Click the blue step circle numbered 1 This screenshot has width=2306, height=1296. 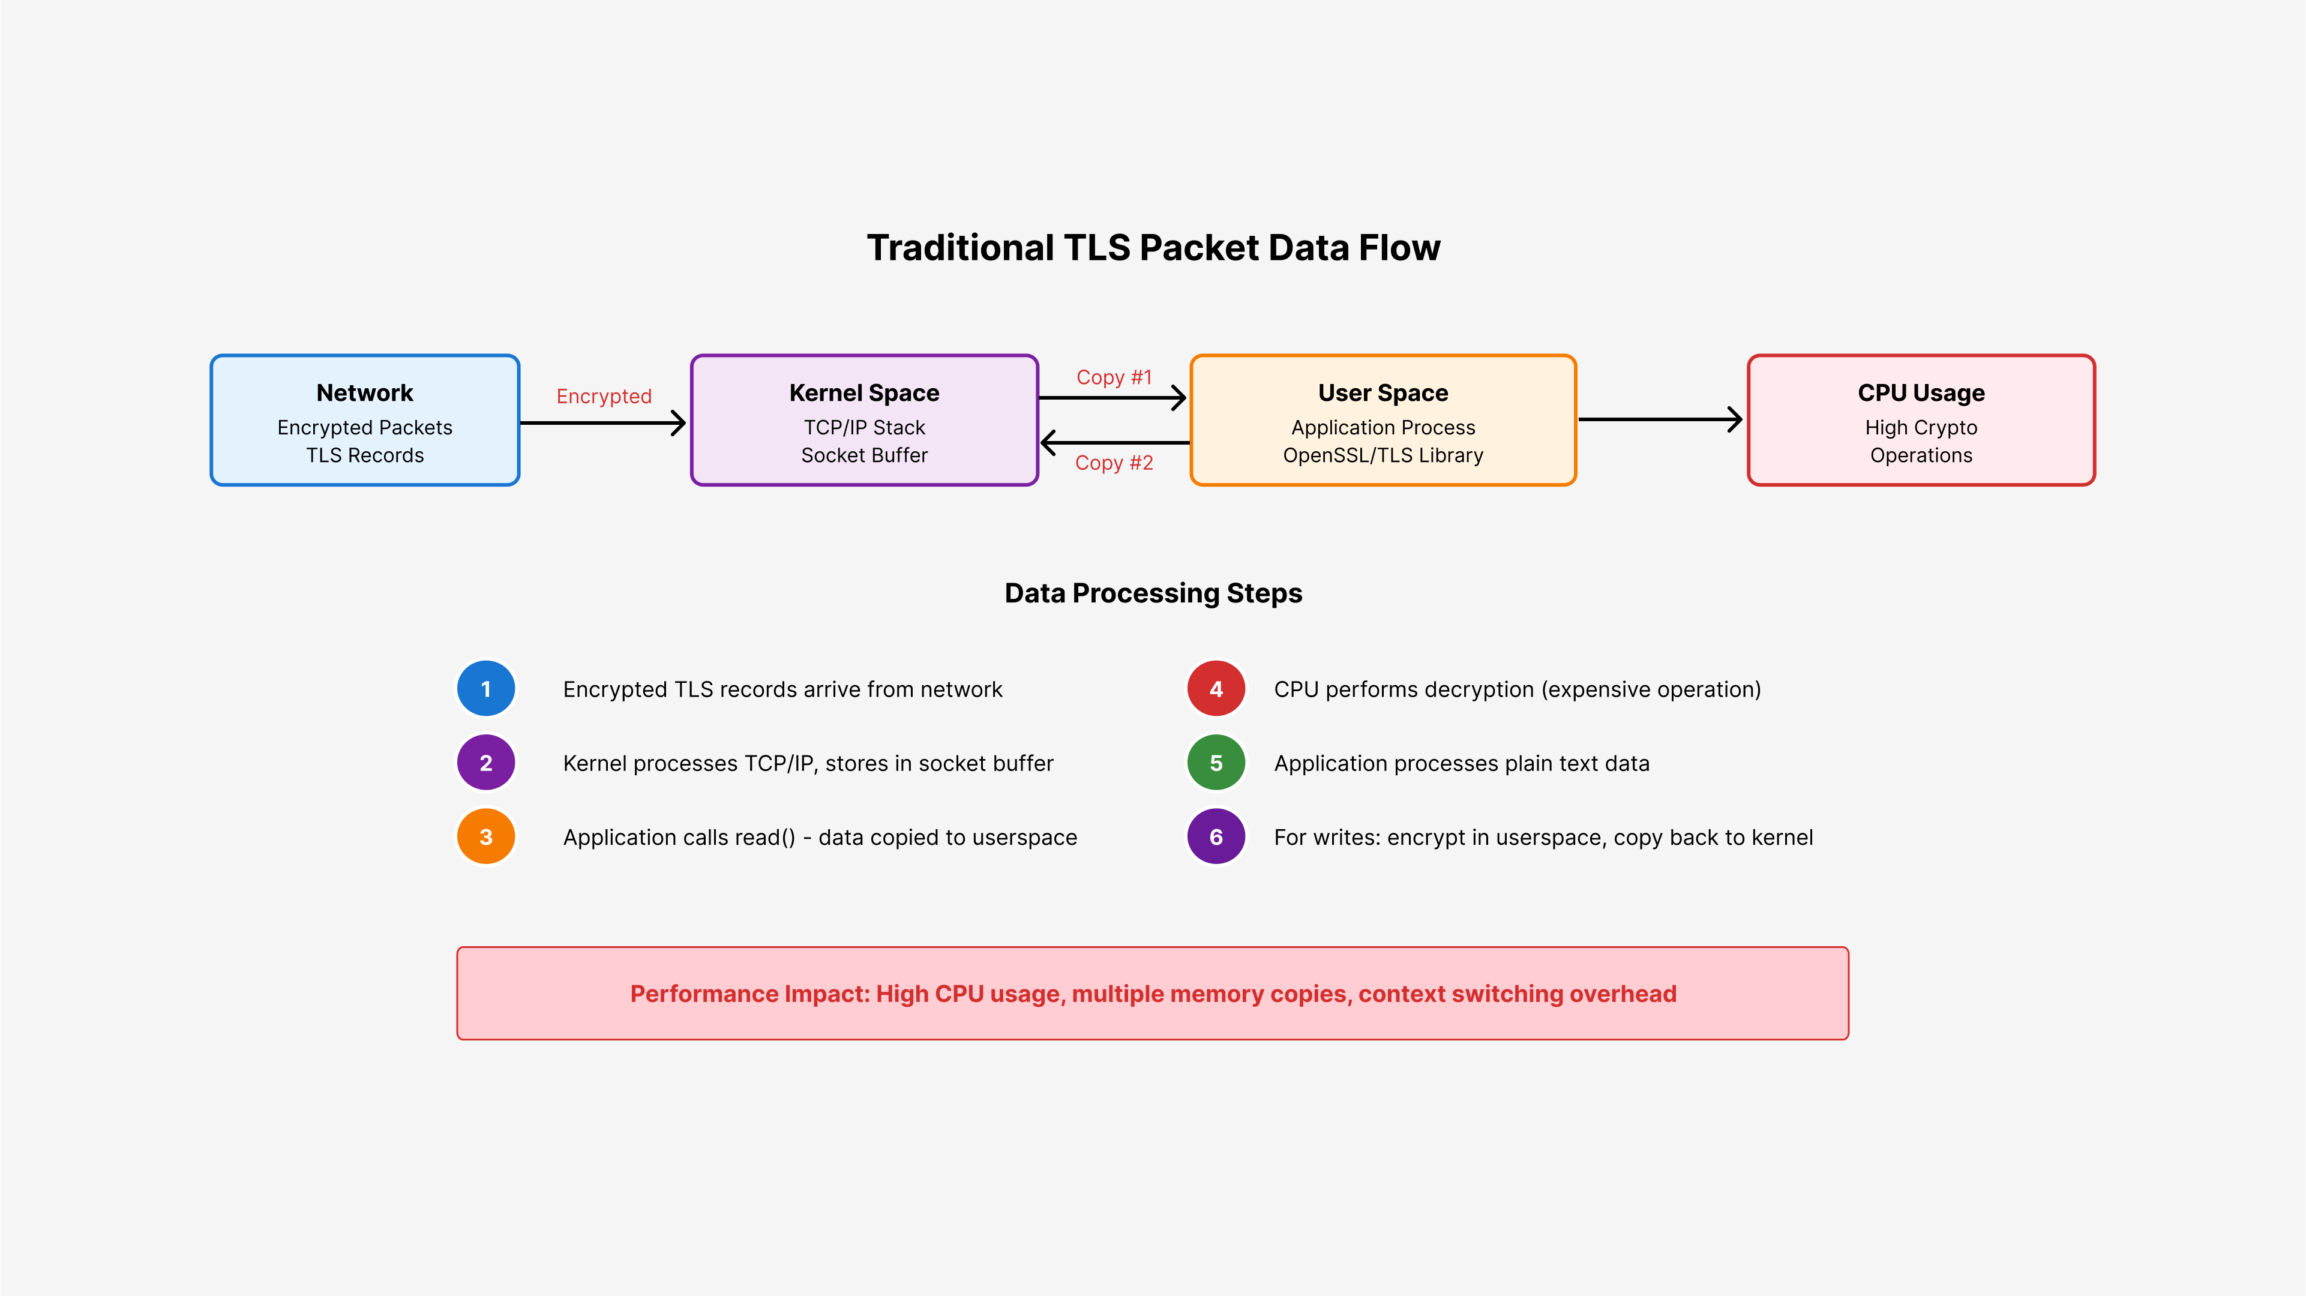click(486, 689)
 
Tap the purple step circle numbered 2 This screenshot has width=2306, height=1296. click(486, 763)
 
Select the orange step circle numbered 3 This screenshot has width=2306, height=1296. click(486, 837)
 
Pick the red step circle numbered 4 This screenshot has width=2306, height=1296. click(1216, 689)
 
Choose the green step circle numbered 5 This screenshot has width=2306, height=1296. click(1216, 763)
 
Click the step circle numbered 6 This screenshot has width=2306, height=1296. click(1216, 837)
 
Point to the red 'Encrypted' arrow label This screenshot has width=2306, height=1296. click(604, 397)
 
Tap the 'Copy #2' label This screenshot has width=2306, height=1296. click(1114, 463)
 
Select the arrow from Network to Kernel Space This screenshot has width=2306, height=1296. click(602, 422)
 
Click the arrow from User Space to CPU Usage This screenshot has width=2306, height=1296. click(1660, 419)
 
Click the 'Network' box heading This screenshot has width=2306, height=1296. click(365, 393)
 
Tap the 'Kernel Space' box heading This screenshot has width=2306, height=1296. click(865, 393)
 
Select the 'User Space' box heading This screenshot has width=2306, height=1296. click(1383, 393)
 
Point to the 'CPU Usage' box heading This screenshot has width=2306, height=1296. click(1921, 393)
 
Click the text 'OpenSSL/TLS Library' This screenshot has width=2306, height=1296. click(1383, 455)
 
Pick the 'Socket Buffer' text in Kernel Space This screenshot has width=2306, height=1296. click(865, 455)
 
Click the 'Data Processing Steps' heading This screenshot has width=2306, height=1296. click(1153, 593)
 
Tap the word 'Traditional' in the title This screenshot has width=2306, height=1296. click(961, 248)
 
